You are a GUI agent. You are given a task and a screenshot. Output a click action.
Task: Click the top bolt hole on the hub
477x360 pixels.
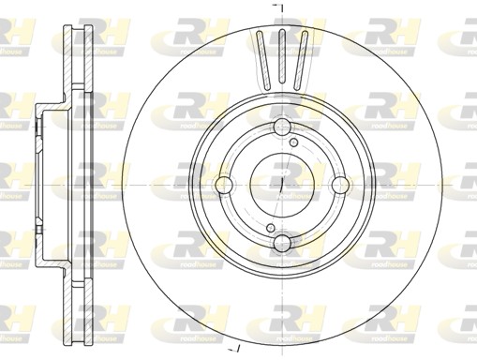pos(281,128)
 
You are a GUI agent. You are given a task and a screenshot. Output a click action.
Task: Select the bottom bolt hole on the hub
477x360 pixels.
pos(281,245)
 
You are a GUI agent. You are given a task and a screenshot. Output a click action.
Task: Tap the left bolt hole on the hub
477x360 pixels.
pos(223,187)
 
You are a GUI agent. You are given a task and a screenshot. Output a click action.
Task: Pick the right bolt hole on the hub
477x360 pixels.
pos(339,187)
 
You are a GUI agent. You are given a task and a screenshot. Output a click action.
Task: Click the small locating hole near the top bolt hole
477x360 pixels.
pos(294,142)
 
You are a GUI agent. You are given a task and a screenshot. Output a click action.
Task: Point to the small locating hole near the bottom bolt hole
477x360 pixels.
pos(269,229)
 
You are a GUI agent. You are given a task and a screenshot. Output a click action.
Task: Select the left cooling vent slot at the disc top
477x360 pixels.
pos(261,56)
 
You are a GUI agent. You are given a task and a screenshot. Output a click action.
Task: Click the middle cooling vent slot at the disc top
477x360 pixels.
pos(281,54)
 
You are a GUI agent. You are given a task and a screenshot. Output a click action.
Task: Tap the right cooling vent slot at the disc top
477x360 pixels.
pos(301,56)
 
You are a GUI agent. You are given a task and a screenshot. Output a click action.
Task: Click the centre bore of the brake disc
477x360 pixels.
pos(281,187)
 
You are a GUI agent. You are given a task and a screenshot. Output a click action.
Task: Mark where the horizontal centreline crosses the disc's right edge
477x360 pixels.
pos(440,187)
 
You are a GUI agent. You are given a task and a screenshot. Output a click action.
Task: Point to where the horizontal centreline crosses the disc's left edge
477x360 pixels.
pos(123,187)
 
